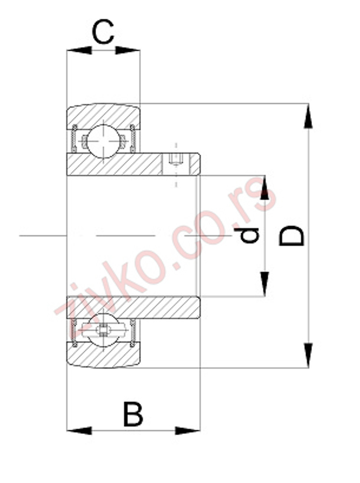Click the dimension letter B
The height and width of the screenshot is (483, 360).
(133, 414)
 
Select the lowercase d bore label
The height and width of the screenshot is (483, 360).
(250, 235)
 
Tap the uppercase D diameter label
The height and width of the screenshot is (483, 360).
(291, 236)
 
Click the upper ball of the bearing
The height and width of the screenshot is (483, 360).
(103, 141)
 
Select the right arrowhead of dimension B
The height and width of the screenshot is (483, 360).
(188, 430)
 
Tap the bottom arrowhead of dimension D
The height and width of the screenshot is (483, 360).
(308, 355)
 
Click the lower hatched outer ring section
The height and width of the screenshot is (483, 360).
(103, 357)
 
